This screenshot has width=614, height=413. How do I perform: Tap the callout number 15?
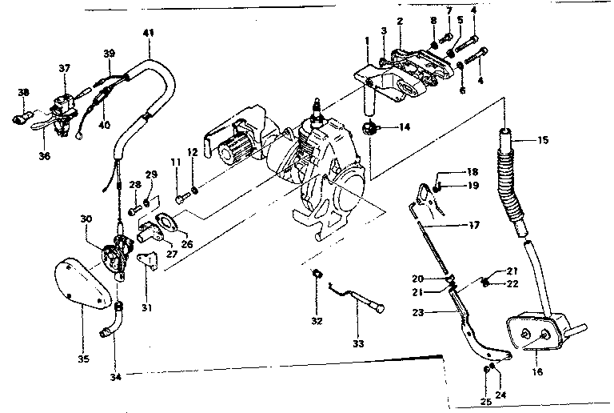[543, 142]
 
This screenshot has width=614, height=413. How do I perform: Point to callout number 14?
[405, 127]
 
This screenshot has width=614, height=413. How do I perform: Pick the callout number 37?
[65, 68]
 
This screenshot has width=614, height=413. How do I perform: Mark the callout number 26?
[187, 244]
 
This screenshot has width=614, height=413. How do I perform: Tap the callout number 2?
[400, 20]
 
